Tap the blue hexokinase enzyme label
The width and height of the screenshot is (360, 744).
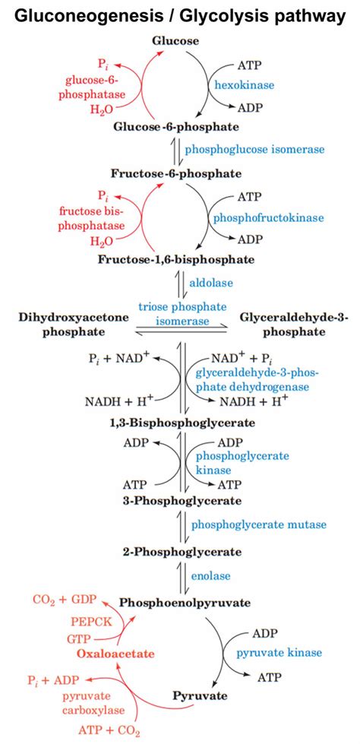245,86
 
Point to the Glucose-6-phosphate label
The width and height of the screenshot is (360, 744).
176,126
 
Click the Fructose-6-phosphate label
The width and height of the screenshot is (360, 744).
176,173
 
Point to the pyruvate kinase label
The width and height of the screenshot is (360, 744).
279,652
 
